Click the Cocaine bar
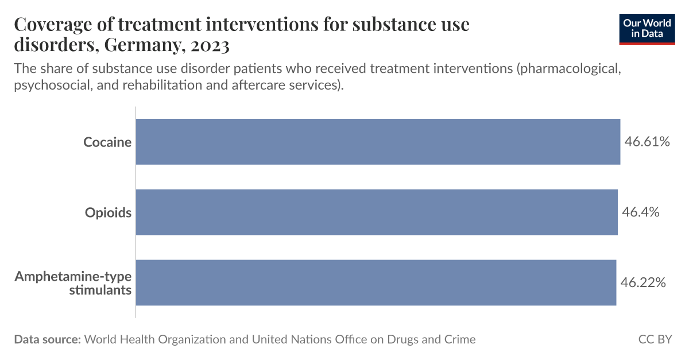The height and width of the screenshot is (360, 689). [x=378, y=142]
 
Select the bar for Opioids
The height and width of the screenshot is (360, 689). [x=377, y=212]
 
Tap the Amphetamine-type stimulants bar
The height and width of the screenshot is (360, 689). [x=376, y=282]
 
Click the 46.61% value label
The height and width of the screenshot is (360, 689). [x=647, y=142]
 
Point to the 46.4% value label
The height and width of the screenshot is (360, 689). [x=640, y=212]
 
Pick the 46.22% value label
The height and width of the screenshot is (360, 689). [x=643, y=282]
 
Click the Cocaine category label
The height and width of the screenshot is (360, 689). [x=107, y=142]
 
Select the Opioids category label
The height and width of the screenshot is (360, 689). [x=109, y=212]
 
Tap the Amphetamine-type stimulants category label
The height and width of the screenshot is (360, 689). [x=73, y=283]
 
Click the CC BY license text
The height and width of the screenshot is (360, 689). [x=655, y=339]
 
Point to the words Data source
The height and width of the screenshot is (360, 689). [x=47, y=339]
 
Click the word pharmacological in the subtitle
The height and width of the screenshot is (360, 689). [x=568, y=69]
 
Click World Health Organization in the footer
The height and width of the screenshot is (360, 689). [x=155, y=339]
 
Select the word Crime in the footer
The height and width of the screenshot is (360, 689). [x=459, y=339]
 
